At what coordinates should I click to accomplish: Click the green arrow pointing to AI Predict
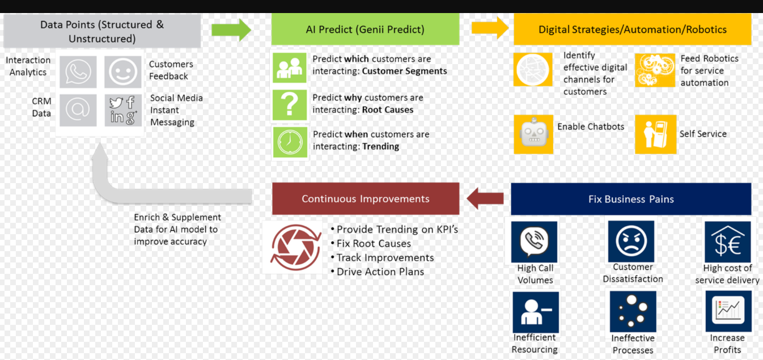pos(231,29)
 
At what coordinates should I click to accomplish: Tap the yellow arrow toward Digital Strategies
pos(490,28)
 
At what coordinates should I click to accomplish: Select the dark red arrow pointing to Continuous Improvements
pos(485,198)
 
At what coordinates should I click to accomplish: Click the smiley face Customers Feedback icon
pos(122,71)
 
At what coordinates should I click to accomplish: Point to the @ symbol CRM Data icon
pos(78,109)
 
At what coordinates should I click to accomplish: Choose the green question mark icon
pos(290,105)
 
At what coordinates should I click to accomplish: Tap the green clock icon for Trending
pos(290,142)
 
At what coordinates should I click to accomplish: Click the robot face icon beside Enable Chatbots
pos(533,134)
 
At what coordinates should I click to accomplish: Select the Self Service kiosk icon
pos(655,134)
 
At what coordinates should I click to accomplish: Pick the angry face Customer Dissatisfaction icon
pos(631,241)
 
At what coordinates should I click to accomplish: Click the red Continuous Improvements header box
pos(366,199)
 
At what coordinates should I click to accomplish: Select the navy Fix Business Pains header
pos(631,199)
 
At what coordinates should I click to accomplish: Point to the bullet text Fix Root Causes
pos(374,244)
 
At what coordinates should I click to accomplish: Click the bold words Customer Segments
pos(404,71)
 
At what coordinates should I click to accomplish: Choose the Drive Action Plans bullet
pos(380,272)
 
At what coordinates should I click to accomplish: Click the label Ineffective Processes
pos(633,344)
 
